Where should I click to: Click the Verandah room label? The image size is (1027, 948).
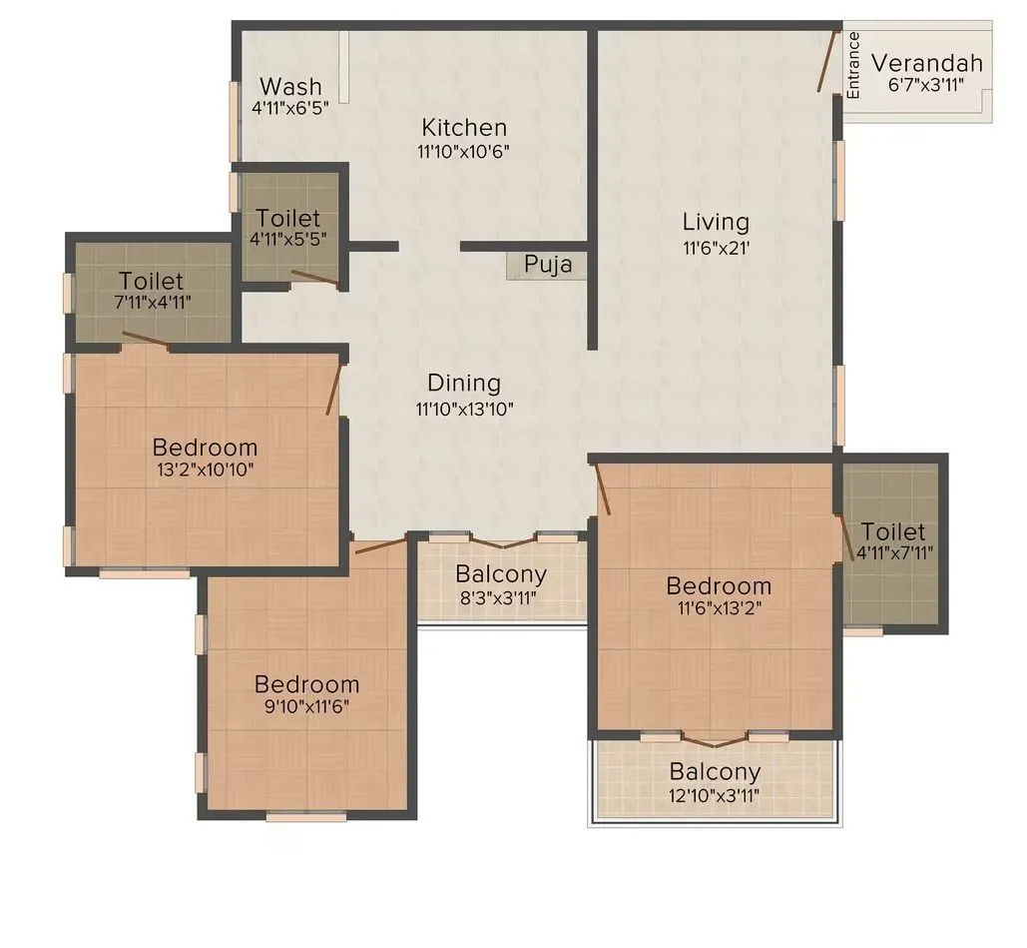point(926,63)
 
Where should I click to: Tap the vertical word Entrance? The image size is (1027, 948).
point(853,66)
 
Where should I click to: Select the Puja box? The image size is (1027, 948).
point(548,265)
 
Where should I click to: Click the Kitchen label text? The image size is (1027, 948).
point(464,128)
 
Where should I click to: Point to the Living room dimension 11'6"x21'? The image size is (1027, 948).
point(716,247)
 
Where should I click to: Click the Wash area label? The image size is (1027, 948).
point(290,86)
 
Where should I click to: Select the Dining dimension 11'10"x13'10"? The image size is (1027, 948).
point(464,408)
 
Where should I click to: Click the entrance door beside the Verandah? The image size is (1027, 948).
point(827,62)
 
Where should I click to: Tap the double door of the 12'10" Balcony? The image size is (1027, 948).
point(714,741)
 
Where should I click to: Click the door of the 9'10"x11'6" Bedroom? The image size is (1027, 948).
point(380,544)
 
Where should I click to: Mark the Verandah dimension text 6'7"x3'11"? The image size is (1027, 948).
point(926,86)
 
